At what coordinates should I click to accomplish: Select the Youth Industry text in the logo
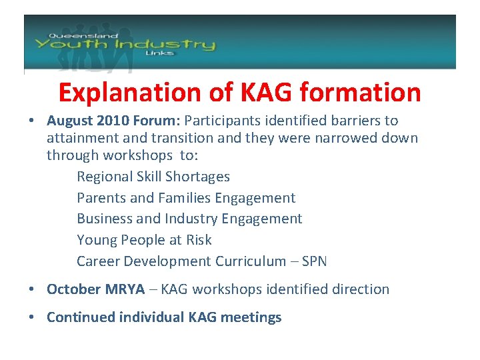(125, 45)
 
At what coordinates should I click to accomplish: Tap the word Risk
(198, 240)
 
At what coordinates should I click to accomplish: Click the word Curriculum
(251, 261)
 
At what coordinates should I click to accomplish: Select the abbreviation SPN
(314, 261)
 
